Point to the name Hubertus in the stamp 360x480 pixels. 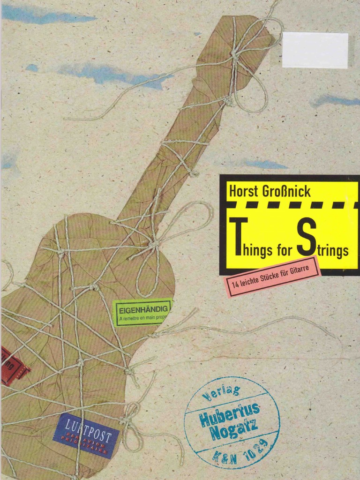(x=230, y=413)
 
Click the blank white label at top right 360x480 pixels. (x=315, y=50)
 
